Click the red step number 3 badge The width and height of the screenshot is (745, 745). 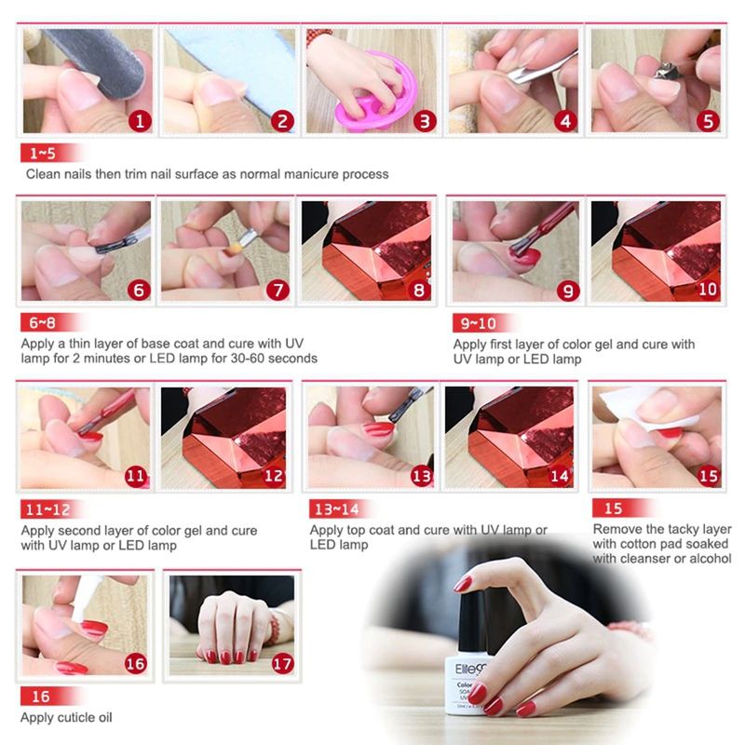[x=425, y=121]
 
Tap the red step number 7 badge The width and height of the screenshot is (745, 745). [x=278, y=290]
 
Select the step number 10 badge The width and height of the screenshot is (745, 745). [x=708, y=290]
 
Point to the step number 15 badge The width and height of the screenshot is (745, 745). [x=709, y=476]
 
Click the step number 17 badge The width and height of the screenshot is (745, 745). [x=282, y=663]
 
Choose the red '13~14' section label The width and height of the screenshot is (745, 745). [x=338, y=508]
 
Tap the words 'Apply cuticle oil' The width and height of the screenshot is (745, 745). [x=66, y=717]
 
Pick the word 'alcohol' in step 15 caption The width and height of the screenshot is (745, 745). [x=711, y=558]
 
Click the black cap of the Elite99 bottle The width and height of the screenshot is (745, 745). [x=472, y=623]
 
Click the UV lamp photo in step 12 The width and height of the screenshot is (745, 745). [x=223, y=438]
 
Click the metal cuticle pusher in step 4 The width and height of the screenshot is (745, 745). [x=542, y=69]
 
